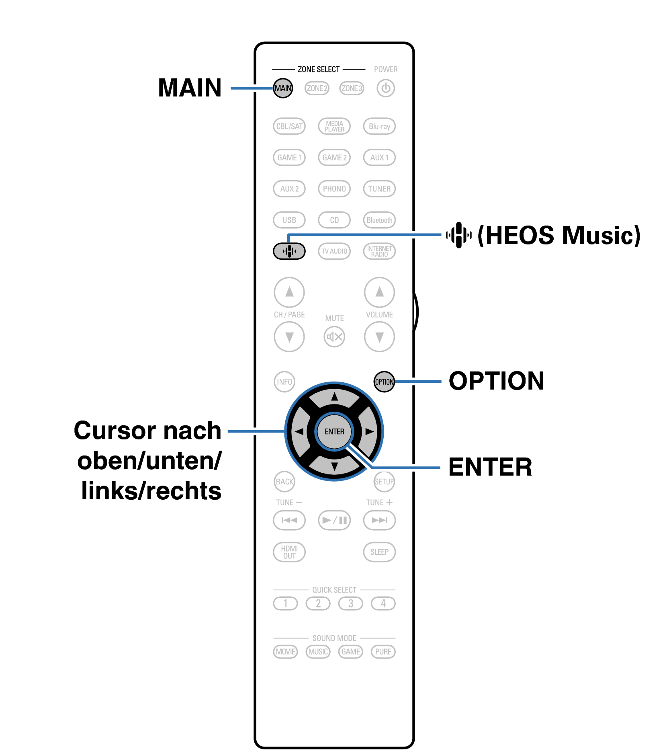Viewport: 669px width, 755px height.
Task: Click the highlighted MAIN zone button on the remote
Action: [283, 88]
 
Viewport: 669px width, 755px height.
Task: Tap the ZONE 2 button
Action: [317, 88]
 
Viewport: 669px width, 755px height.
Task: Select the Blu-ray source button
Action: [379, 126]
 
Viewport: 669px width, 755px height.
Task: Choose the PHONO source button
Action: [334, 189]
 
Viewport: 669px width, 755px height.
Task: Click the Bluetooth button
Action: [379, 220]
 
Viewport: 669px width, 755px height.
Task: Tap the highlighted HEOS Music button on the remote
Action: [289, 251]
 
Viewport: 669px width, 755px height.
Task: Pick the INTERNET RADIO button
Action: [379, 251]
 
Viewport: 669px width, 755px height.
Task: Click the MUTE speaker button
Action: [334, 336]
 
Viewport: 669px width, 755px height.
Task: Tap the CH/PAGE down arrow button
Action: [289, 336]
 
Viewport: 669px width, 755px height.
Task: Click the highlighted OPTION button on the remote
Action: [384, 382]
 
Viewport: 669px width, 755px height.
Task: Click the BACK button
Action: [284, 482]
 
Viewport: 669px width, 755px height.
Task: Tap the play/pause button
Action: [334, 520]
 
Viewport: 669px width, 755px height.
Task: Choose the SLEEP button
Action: [379, 552]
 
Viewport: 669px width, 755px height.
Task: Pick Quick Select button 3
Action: [351, 603]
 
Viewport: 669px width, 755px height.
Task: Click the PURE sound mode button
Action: [383, 652]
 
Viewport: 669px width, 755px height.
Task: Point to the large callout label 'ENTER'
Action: [490, 467]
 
